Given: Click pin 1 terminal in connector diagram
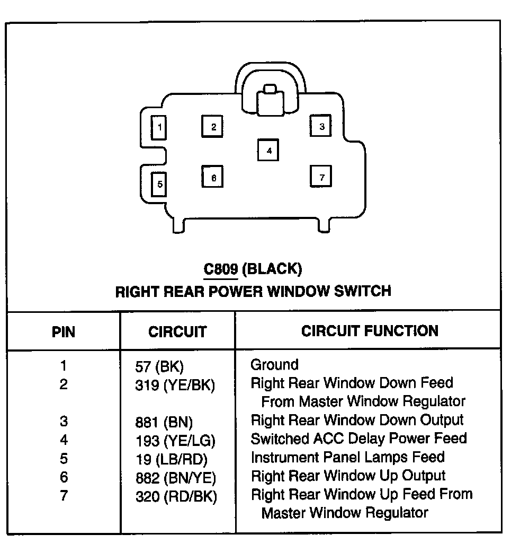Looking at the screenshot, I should [x=159, y=127].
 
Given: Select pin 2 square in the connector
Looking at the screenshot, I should [x=213, y=127].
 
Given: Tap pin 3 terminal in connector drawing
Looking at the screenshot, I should [x=321, y=126].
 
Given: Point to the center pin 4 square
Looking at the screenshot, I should [x=268, y=150].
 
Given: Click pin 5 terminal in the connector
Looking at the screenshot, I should [x=159, y=185].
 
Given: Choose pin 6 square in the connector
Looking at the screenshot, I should [x=213, y=177].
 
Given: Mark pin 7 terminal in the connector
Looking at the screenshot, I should [x=321, y=177].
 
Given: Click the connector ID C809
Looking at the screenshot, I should [x=221, y=269].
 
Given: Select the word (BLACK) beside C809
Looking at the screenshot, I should [x=272, y=269].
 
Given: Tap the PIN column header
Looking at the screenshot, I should [x=64, y=332].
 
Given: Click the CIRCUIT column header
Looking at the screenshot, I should [x=177, y=332].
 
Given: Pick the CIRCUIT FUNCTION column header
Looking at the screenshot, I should [x=370, y=331].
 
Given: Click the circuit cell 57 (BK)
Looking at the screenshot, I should [x=159, y=366].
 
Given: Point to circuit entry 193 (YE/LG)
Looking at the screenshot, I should [x=175, y=440].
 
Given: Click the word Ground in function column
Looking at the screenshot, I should [x=274, y=365].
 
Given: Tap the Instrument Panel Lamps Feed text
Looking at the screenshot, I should [x=347, y=457].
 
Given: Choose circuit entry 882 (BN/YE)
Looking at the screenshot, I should [x=175, y=478].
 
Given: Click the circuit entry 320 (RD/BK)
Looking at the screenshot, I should [x=175, y=496].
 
